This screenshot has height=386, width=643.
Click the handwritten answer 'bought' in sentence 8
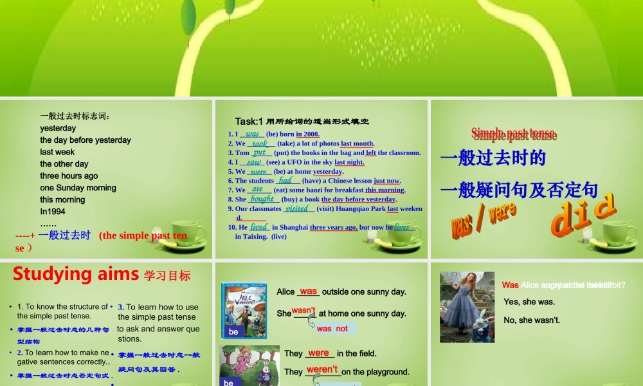[262, 199]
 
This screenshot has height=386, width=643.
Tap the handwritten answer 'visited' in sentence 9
[297, 208]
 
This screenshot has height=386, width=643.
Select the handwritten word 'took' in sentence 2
[260, 143]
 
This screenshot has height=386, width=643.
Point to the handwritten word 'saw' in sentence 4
[254, 163]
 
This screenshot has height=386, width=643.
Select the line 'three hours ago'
[69, 176]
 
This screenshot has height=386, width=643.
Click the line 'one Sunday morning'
[78, 188]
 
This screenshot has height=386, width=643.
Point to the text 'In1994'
[53, 212]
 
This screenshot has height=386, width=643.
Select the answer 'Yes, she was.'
[529, 302]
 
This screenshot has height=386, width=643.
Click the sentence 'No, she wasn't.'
[532, 320]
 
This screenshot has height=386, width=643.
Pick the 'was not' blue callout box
[332, 328]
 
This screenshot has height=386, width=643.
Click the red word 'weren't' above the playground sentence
[322, 369]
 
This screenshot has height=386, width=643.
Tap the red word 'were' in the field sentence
[318, 353]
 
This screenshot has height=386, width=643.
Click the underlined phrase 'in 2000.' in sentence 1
[308, 134]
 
